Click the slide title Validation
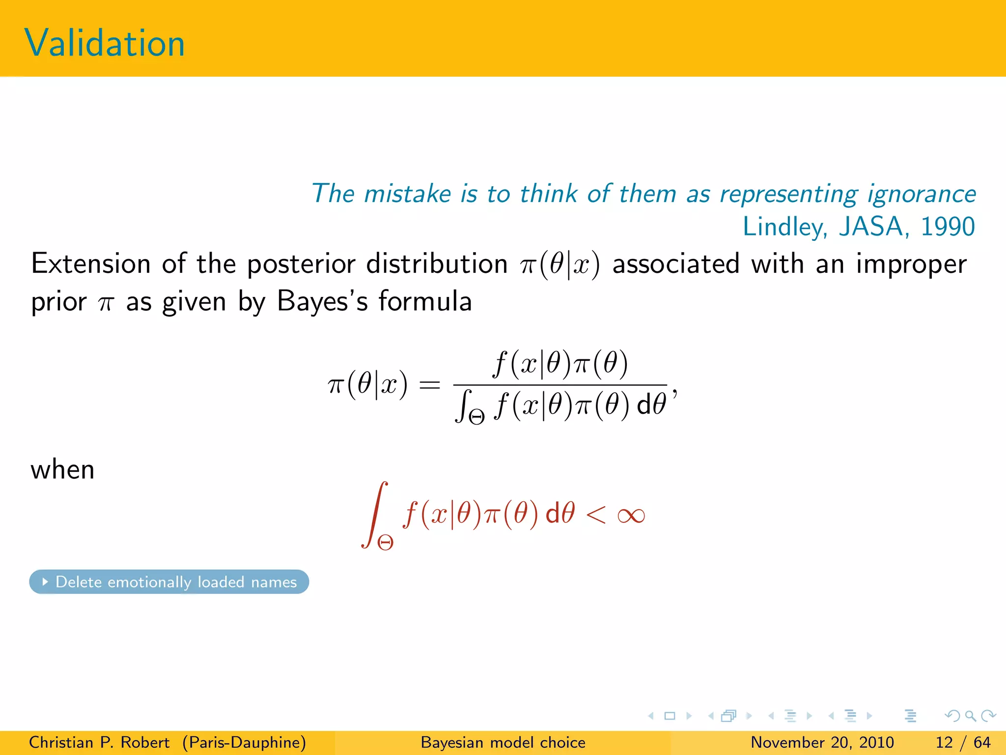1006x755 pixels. (x=104, y=43)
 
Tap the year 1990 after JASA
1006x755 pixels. (x=947, y=227)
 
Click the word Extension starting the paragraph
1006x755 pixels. (x=91, y=263)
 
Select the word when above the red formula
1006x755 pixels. (x=62, y=469)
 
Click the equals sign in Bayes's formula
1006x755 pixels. (x=429, y=385)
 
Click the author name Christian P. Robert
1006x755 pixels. (x=99, y=742)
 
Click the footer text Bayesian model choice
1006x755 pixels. (x=503, y=742)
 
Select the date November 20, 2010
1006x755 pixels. (x=822, y=742)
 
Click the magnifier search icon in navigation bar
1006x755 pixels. (x=970, y=716)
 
